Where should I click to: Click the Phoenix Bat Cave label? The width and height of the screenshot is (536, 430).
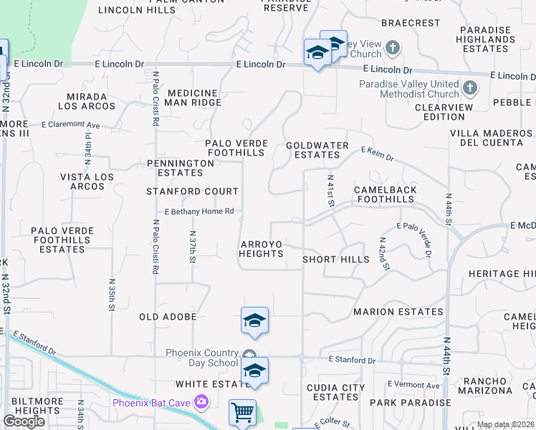pyautogui.click(x=151, y=403)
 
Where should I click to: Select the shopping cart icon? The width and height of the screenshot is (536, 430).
pyautogui.click(x=242, y=413)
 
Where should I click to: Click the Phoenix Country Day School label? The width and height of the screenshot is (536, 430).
pyautogui.click(x=201, y=358)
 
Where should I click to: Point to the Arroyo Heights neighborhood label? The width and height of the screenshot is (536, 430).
pyautogui.click(x=261, y=249)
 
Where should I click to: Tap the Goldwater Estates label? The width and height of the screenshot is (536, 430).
pyautogui.click(x=317, y=149)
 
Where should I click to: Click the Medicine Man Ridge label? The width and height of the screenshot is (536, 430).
pyautogui.click(x=194, y=97)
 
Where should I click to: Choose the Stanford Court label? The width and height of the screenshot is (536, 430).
pyautogui.click(x=192, y=191)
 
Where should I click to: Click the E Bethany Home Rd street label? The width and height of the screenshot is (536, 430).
pyautogui.click(x=200, y=211)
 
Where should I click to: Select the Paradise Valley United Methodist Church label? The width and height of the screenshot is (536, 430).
pyautogui.click(x=409, y=89)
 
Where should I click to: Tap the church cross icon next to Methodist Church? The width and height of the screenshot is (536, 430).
pyautogui.click(x=470, y=88)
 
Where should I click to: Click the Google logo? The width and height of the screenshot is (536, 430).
pyautogui.click(x=24, y=421)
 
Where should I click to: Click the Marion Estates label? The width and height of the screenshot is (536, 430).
pyautogui.click(x=398, y=312)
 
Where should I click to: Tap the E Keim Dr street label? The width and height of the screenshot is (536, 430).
pyautogui.click(x=377, y=153)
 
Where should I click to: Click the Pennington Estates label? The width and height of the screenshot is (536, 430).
pyautogui.click(x=180, y=168)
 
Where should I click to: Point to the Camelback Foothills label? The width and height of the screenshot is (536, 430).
pyautogui.click(x=385, y=194)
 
